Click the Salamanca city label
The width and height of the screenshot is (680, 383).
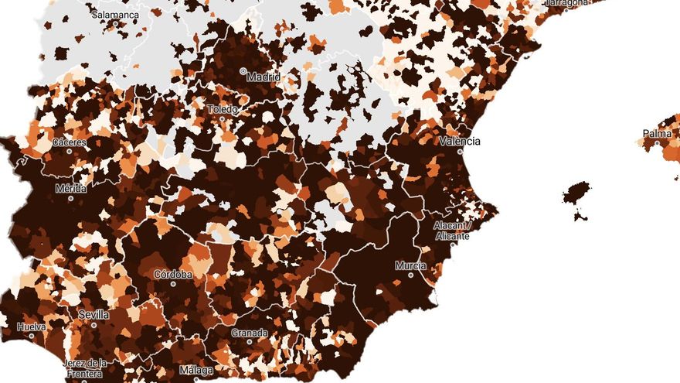[114, 15]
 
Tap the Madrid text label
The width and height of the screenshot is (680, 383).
[263, 77]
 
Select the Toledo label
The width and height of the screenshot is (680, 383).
[223, 109]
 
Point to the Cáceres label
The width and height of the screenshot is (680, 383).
[69, 143]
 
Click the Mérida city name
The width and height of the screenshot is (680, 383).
[71, 188]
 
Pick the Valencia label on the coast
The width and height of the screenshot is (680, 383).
[459, 142]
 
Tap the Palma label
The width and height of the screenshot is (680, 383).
[657, 134]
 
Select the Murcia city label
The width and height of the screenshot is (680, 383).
[410, 266]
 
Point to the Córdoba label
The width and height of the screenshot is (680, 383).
[173, 275]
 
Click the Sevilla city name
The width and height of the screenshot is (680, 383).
[93, 315]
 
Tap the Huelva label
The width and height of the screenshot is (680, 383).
[32, 327]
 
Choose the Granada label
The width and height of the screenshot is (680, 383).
[250, 333]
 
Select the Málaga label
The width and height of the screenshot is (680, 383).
[195, 371]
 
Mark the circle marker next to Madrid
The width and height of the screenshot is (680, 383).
[243, 71]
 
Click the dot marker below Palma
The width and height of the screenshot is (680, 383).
[657, 143]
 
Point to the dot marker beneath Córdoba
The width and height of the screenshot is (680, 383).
[173, 283]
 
